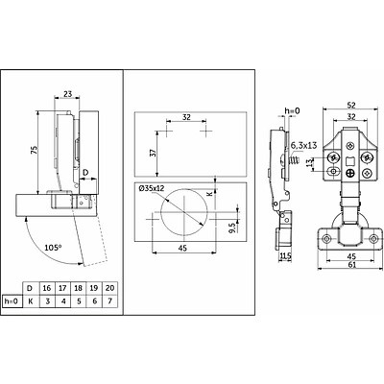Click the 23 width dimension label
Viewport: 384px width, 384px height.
click(67, 94)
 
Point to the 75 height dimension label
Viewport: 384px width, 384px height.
click(35, 150)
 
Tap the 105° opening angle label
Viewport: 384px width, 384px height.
click(53, 248)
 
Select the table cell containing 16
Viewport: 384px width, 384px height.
click(47, 288)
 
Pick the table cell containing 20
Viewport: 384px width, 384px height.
click(109, 288)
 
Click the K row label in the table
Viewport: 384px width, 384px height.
click(31, 301)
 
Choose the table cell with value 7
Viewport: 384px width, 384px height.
click(109, 301)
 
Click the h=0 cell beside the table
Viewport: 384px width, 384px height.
click(12, 301)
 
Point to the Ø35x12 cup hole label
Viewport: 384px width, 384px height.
click(152, 188)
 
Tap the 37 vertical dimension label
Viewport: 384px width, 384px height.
click(154, 153)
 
